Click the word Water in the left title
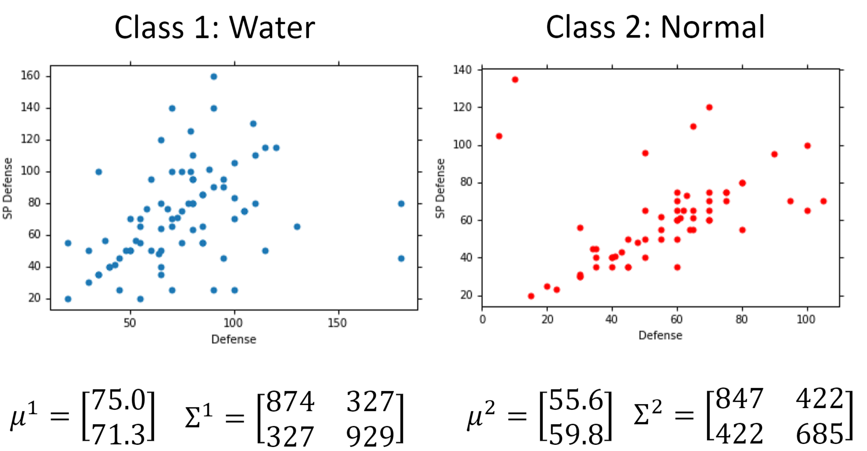(272, 28)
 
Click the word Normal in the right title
(713, 28)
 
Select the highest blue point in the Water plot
(213, 76)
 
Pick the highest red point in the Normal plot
(515, 80)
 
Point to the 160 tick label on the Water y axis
(30, 76)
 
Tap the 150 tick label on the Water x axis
(337, 323)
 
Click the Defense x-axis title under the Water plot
(234, 340)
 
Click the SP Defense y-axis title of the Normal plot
(440, 188)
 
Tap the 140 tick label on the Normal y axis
(462, 69)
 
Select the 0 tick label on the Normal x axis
(482, 319)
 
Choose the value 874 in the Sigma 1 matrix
(290, 402)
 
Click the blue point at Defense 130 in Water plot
(297, 226)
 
